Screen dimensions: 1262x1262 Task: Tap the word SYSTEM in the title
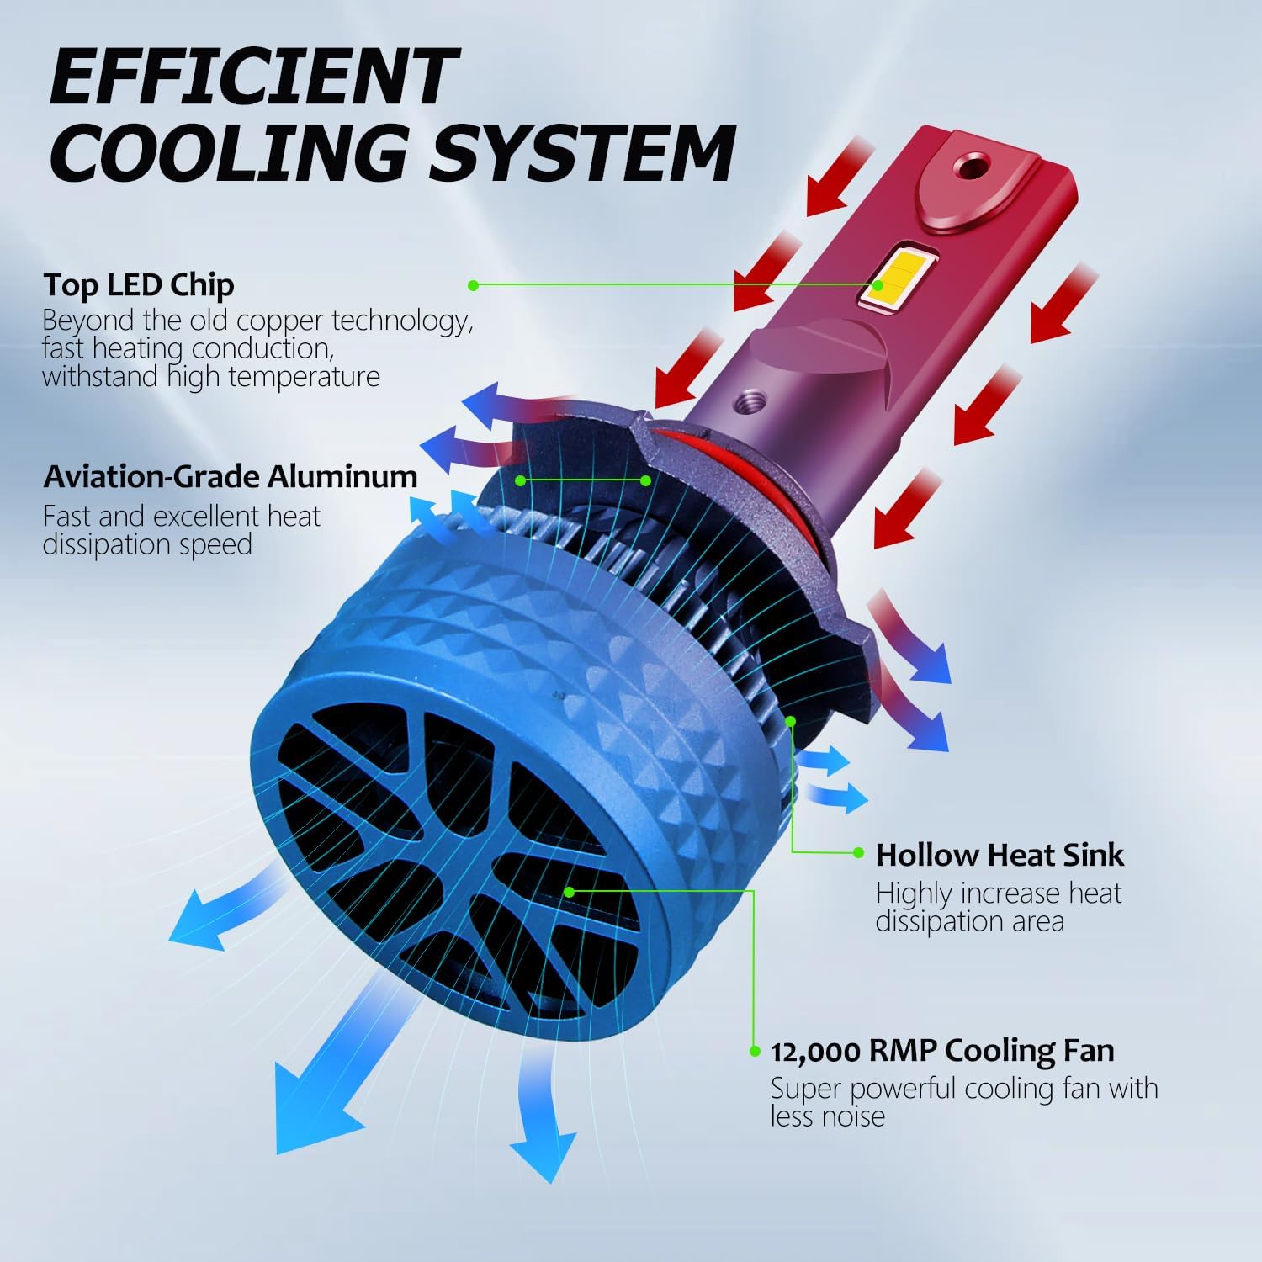pos(584,152)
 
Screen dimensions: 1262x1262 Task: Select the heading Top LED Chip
pos(139,286)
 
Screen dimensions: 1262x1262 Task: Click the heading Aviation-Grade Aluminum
pos(231,476)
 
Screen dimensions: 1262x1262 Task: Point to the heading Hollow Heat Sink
pos(1000,855)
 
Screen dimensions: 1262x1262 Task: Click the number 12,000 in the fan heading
pos(815,1052)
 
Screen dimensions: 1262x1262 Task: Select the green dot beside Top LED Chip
pos(474,285)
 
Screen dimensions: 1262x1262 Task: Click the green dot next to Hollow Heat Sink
pos(858,853)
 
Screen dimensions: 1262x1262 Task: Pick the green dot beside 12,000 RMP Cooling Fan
pos(754,1051)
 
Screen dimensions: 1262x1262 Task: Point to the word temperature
pos(305,377)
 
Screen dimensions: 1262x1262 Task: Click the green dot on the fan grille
pos(570,890)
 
